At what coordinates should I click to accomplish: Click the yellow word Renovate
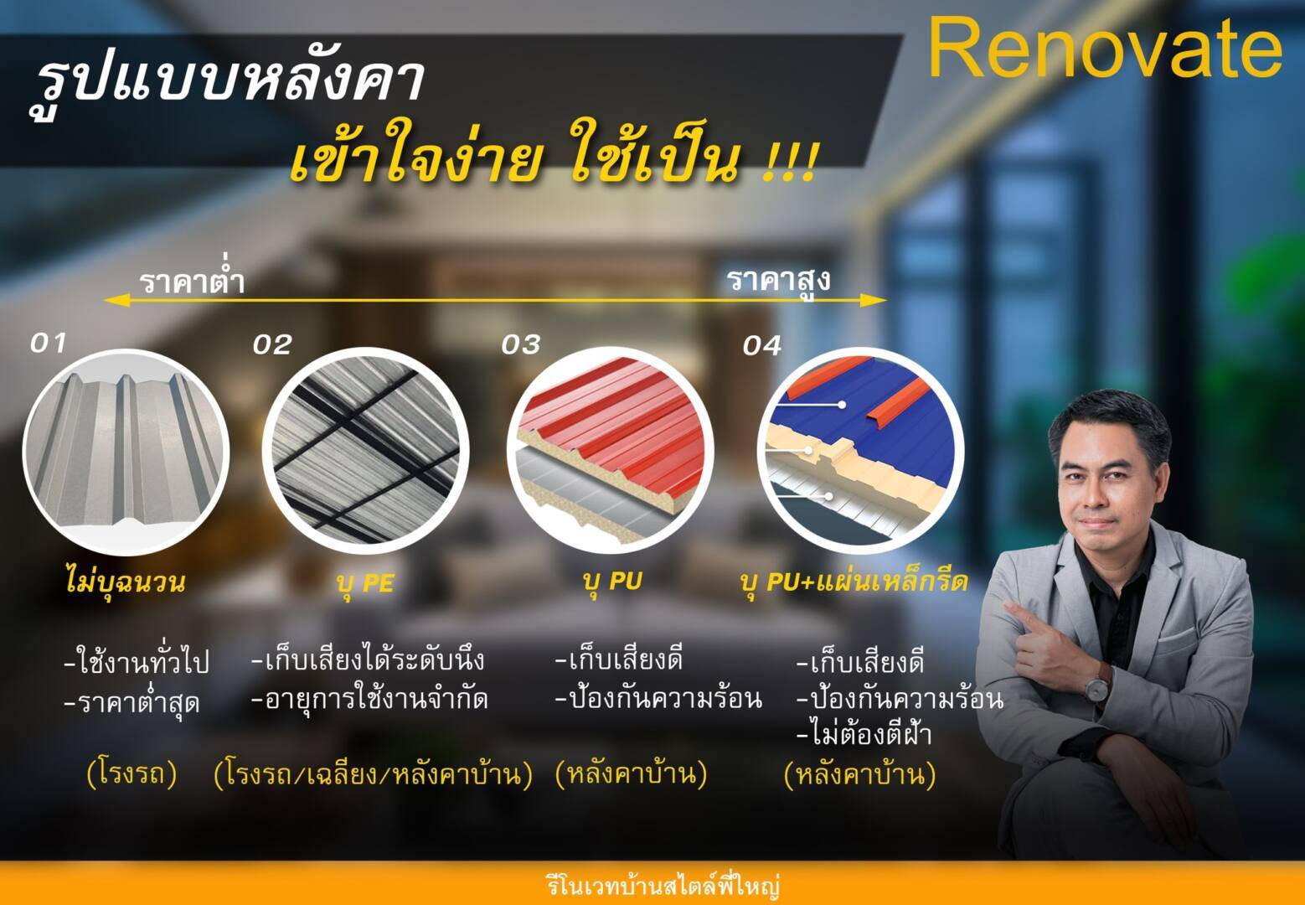(1105, 48)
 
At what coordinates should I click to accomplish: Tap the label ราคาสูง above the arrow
(778, 281)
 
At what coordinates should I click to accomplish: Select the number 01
(48, 344)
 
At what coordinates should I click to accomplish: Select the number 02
(272, 345)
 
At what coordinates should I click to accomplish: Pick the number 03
(520, 345)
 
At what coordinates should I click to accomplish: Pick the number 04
(761, 346)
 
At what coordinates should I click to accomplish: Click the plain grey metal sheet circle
(126, 452)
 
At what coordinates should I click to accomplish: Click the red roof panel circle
(610, 451)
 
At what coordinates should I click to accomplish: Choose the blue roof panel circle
(860, 451)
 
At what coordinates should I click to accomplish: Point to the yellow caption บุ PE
(365, 583)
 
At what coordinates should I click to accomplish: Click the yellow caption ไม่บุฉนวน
(126, 582)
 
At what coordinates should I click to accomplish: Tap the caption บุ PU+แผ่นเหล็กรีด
(854, 582)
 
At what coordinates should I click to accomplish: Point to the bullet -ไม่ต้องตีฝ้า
(864, 733)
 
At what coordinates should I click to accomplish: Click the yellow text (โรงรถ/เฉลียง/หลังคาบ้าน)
(374, 775)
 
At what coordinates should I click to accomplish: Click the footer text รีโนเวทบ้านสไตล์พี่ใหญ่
(663, 886)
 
